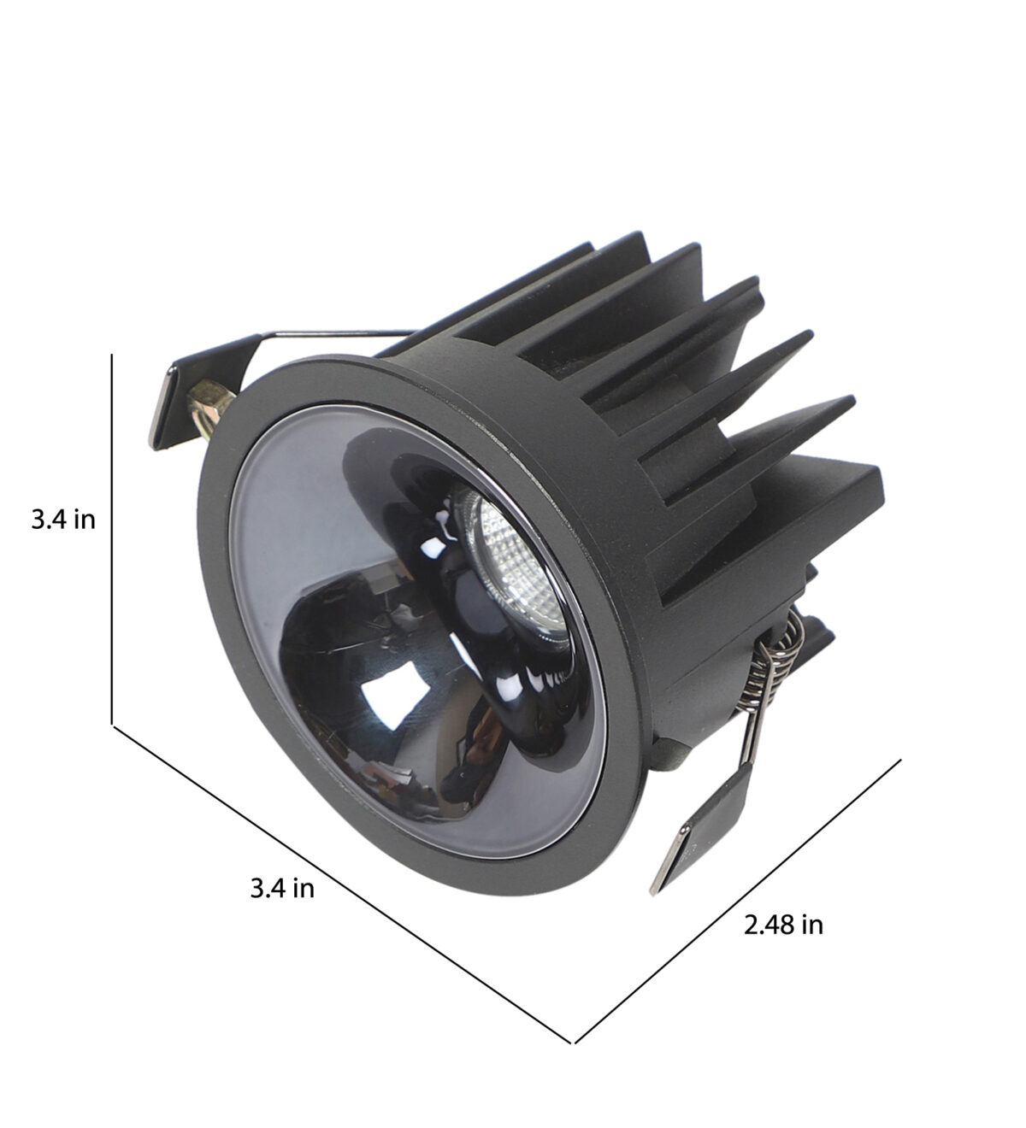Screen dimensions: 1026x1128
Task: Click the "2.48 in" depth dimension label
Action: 783,925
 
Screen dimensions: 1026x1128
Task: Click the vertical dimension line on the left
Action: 112,538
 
